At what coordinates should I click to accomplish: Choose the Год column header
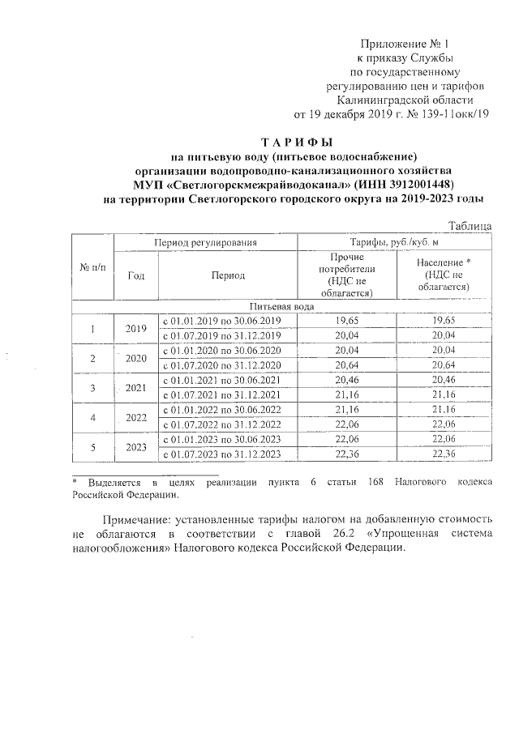tap(136, 275)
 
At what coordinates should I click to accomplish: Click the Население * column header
tap(444, 275)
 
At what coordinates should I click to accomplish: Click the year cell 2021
tap(136, 387)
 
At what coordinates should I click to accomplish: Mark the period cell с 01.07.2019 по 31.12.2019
tap(221, 335)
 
